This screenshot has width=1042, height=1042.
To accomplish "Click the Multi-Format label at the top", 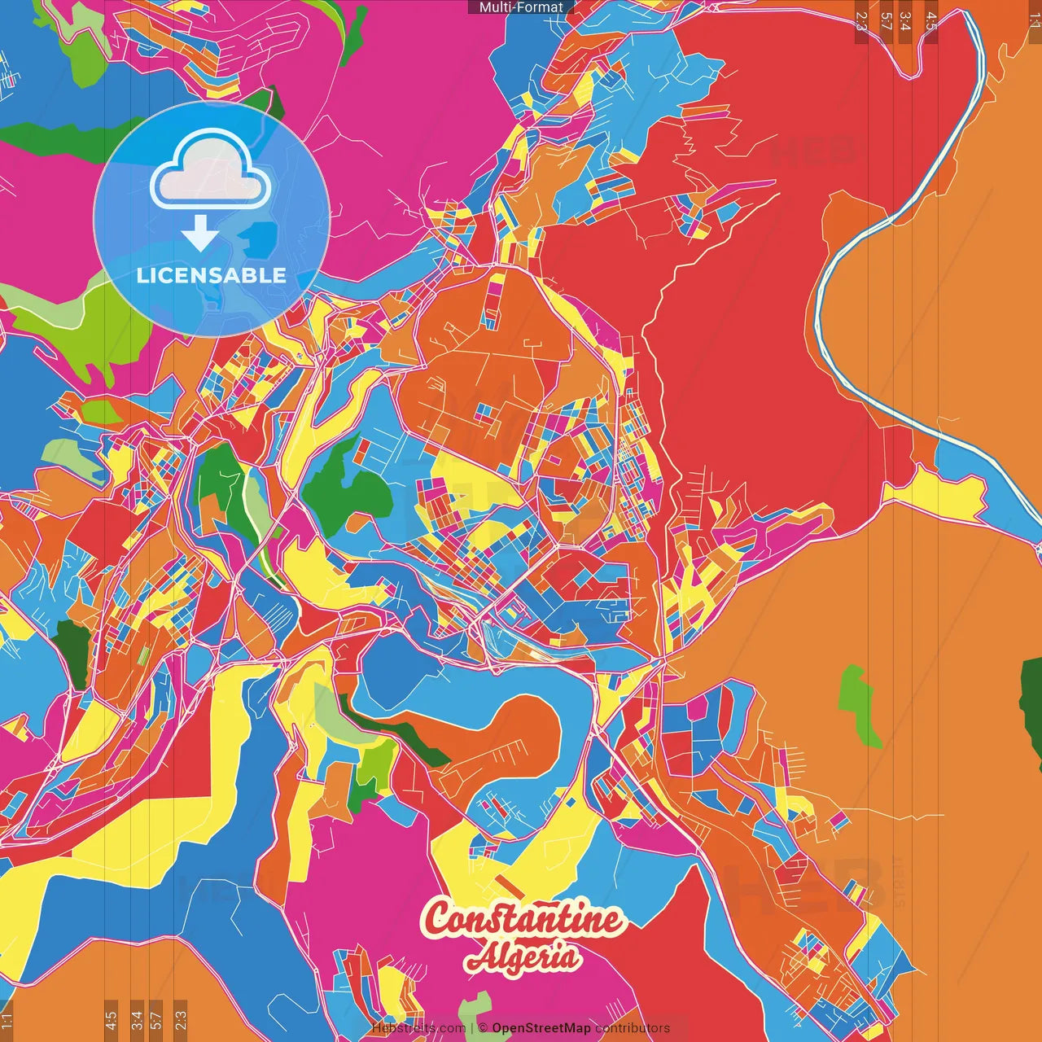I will coord(521,7).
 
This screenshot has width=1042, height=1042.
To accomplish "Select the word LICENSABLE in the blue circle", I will coord(212,275).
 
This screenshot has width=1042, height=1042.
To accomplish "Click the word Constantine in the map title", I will coord(523,921).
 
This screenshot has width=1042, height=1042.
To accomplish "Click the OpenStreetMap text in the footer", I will coord(541,1028).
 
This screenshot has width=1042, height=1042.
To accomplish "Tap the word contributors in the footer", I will coord(633,1028).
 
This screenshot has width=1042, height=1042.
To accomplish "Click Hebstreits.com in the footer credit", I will coord(418,1028).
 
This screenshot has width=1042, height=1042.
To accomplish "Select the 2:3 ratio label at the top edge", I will coord(861,20).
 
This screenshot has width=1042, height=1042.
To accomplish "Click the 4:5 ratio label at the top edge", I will coord(931,20).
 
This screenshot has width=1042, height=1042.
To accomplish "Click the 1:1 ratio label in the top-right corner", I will coord(1034,18).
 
